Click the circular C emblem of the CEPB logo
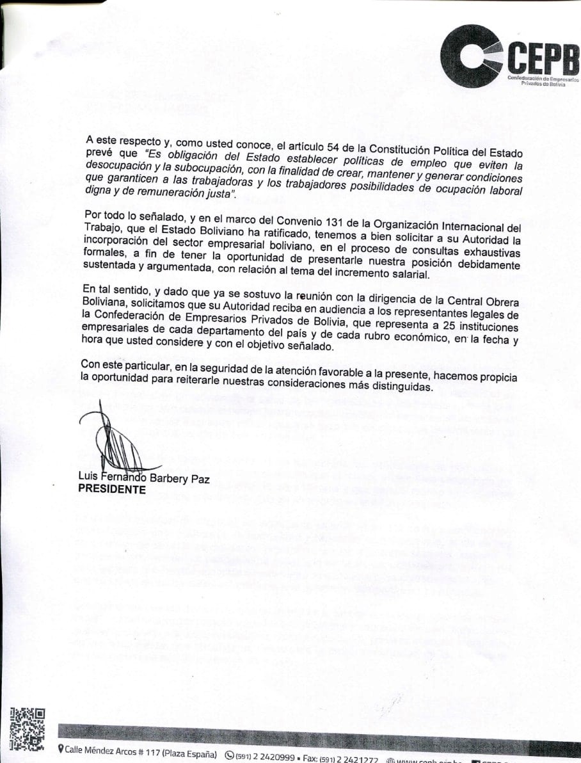[470, 56]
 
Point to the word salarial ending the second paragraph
[406, 275]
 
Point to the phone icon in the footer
[230, 756]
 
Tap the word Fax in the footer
[310, 758]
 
